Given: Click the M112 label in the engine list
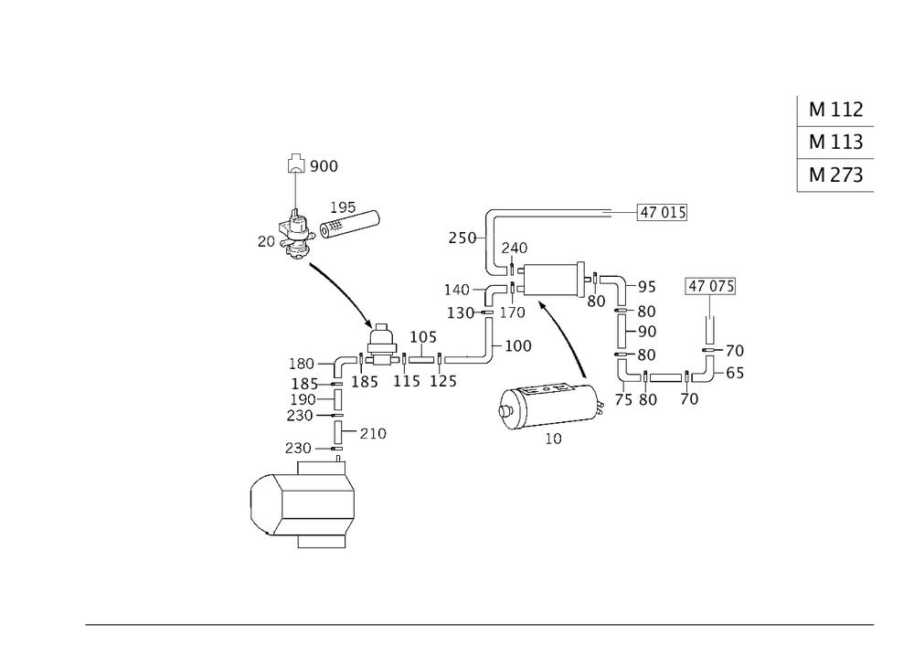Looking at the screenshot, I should tap(836, 111).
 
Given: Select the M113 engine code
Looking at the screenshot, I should tap(836, 143).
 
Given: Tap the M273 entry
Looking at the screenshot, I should tap(836, 175).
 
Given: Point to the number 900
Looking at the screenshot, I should tap(324, 166).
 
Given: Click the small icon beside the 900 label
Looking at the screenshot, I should tap(295, 164).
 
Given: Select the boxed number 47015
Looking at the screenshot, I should tap(663, 214).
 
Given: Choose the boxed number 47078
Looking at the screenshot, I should tap(711, 287).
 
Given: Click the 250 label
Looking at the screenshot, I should tap(462, 238).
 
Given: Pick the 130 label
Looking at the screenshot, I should tap(461, 313).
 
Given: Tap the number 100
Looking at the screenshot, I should tap(518, 346).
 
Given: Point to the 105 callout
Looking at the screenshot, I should tap(423, 338).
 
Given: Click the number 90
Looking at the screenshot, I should tap(647, 331).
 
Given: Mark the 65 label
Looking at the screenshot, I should tap(735, 373).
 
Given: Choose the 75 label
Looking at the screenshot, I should tap(624, 400).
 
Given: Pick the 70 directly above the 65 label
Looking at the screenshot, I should tap(735, 350).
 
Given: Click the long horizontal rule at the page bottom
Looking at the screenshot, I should tap(480, 623).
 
